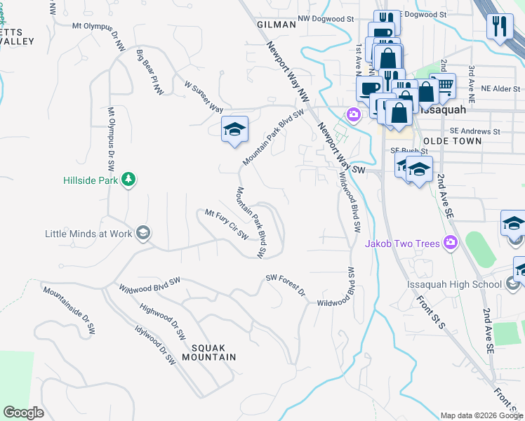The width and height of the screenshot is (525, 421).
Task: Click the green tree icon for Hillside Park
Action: click(x=128, y=180)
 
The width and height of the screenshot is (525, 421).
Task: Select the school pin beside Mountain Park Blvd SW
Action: click(x=235, y=129)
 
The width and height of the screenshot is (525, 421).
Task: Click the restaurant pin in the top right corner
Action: click(x=499, y=27)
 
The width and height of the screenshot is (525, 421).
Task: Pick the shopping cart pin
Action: click(x=443, y=86)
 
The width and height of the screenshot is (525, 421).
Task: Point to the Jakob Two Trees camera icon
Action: click(x=450, y=243)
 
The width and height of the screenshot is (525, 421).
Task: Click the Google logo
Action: click(x=23, y=412)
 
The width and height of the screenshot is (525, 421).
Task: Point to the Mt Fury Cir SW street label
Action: click(x=227, y=223)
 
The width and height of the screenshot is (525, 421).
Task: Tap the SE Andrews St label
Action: click(x=475, y=131)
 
